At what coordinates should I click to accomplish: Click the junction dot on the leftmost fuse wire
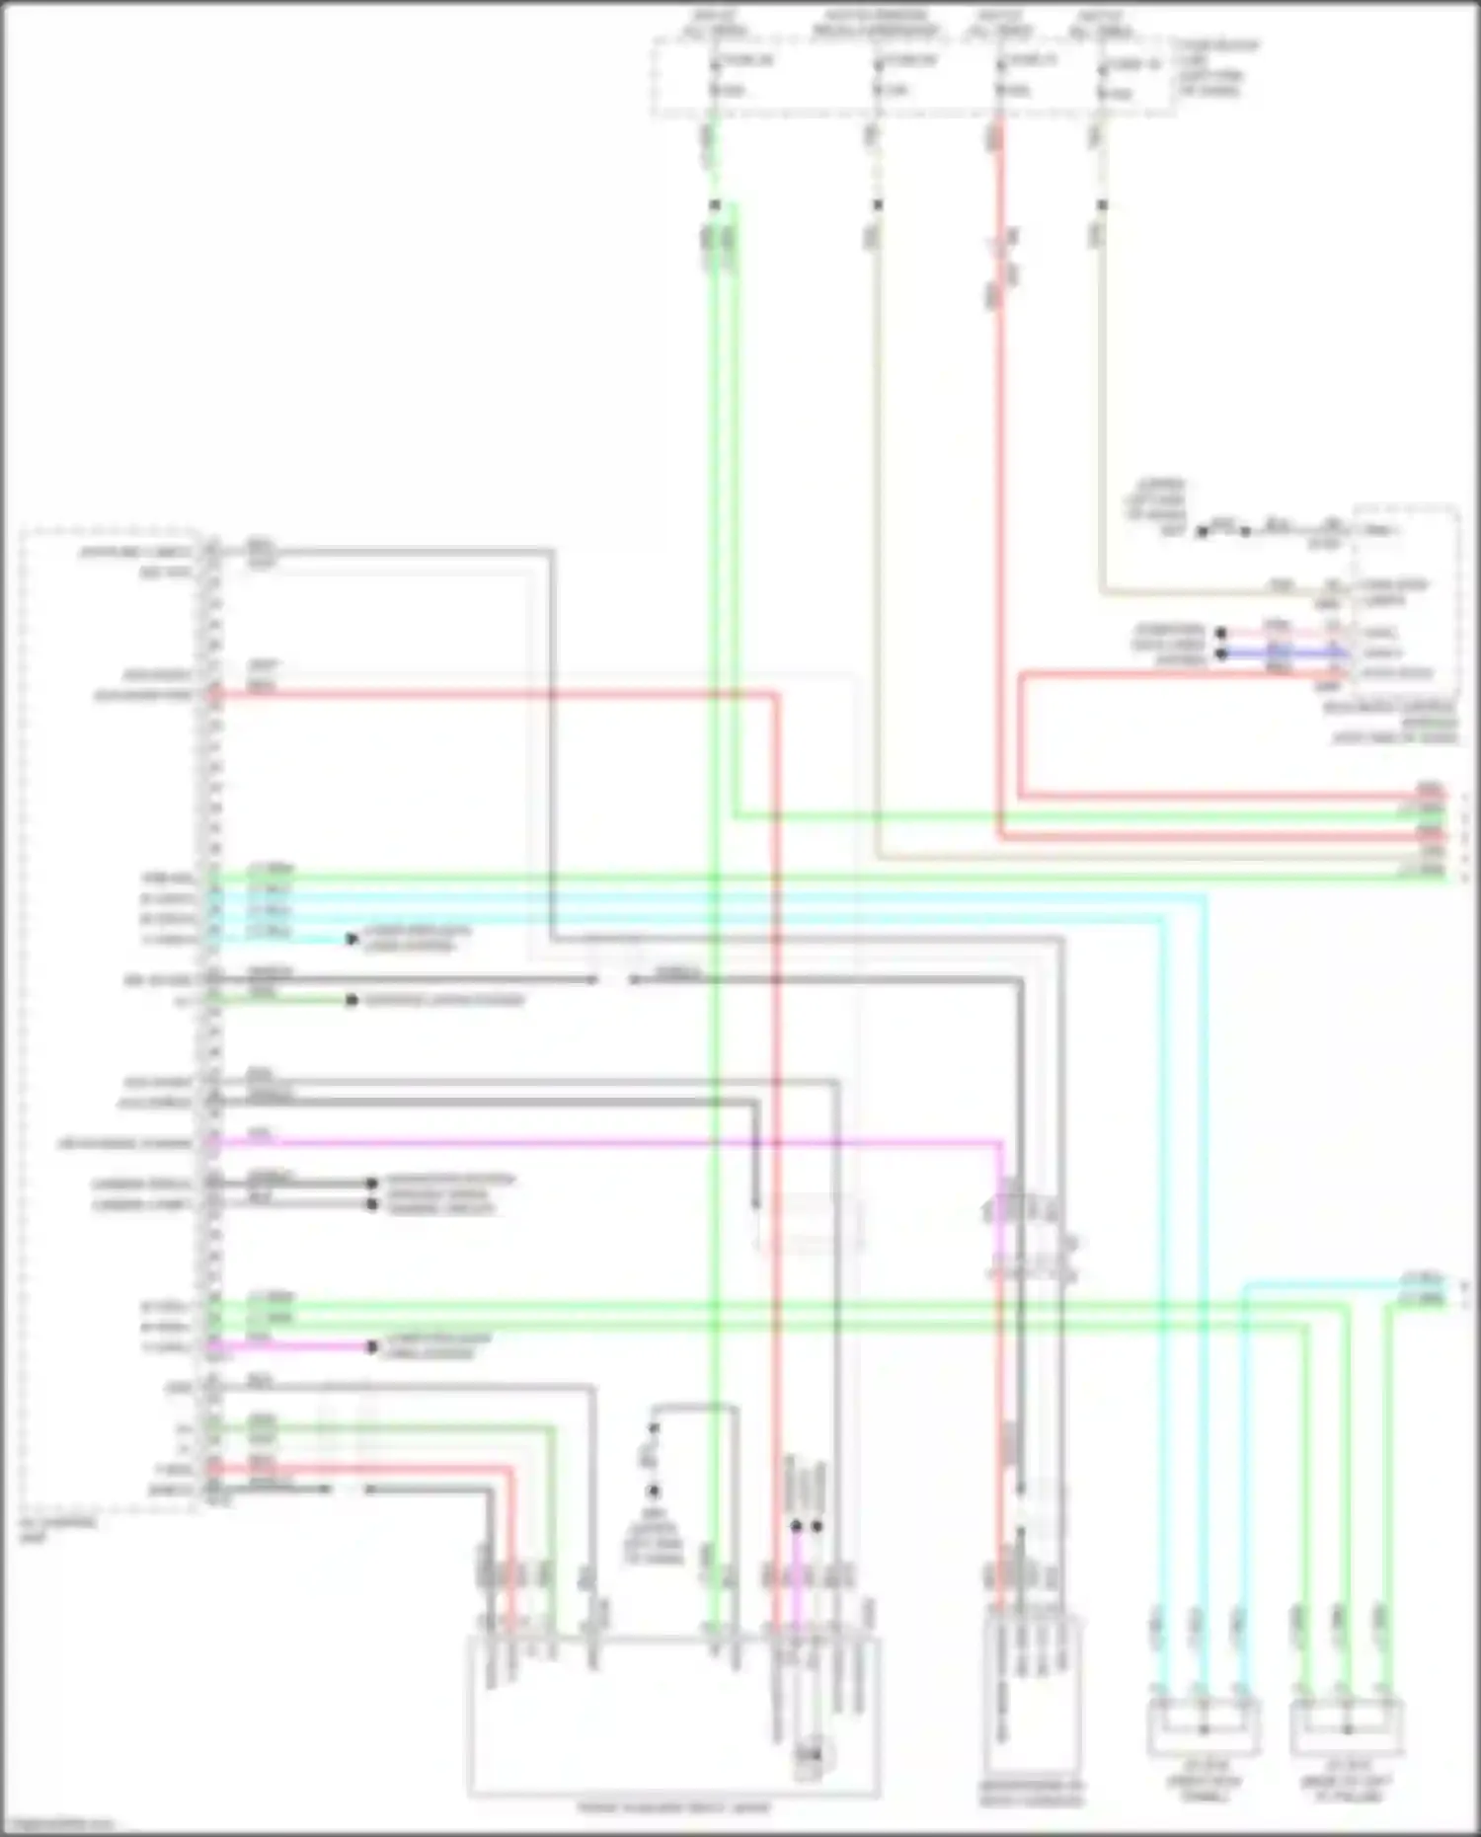(x=715, y=205)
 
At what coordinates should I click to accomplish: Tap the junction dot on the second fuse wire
(x=877, y=205)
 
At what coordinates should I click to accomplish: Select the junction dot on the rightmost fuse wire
(x=1103, y=205)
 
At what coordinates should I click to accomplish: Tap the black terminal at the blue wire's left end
(x=1221, y=653)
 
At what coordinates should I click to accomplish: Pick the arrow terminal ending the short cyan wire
(x=351, y=939)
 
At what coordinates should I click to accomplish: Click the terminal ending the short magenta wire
(x=372, y=1346)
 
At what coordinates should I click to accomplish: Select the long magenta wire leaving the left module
(x=592, y=1144)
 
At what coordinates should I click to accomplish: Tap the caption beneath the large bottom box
(x=673, y=1808)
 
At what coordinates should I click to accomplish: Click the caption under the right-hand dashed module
(x=1392, y=722)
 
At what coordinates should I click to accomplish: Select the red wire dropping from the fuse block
(x=1000, y=494)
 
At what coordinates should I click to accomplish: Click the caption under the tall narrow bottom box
(x=1031, y=1793)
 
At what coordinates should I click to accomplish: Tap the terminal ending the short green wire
(x=351, y=1001)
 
